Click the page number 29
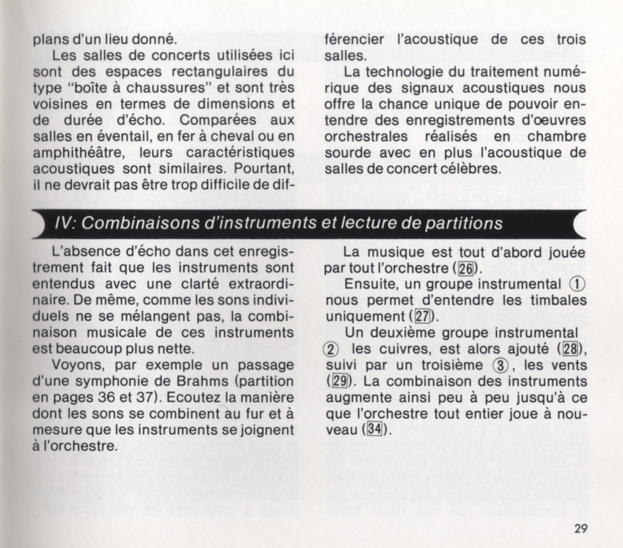580,529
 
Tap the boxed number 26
465,269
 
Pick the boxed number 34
374,430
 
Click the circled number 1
578,284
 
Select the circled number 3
499,365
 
